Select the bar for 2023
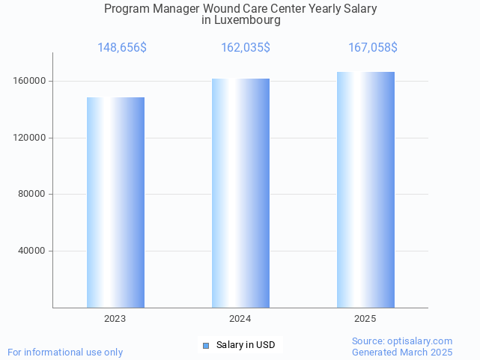[115, 202]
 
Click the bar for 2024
[240, 193]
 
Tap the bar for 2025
[365, 189]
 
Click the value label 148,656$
[122, 48]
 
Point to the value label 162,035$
[246, 48]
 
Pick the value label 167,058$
[373, 48]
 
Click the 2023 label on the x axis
[115, 319]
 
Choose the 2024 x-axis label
[240, 319]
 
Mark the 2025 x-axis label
[365, 319]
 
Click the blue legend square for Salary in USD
[206, 345]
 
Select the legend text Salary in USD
[246, 345]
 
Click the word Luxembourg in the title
[247, 21]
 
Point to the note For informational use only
[65, 352]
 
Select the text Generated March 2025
[402, 352]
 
